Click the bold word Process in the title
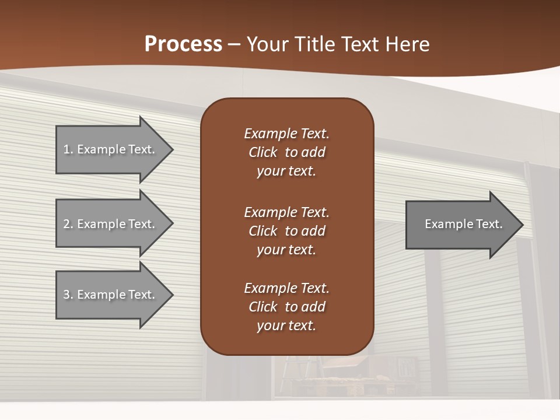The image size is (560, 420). point(183,44)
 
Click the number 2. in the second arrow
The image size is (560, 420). point(68,224)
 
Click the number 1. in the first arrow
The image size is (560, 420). point(68,149)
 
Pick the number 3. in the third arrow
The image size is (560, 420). point(68,295)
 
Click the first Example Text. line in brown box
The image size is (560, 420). point(286,134)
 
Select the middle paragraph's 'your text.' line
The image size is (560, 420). point(286,250)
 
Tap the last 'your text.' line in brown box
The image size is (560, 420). point(286,325)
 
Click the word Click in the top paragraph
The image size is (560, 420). point(262,152)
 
